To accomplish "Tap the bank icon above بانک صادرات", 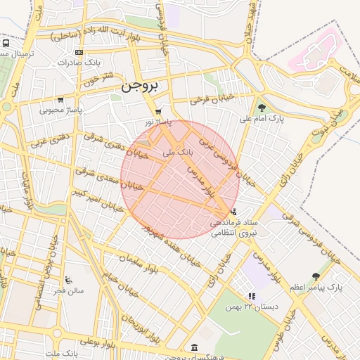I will [x=79, y=52].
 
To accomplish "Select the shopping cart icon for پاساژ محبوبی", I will [x=60, y=100].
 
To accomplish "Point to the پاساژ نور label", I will [x=158, y=122].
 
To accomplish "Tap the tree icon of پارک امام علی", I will [x=262, y=108].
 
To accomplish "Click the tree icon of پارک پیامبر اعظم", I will [x=316, y=276].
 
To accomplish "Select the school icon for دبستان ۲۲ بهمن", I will [x=252, y=297].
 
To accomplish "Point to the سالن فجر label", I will [x=70, y=290].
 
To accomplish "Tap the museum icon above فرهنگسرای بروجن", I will [x=194, y=347].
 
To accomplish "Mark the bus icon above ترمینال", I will [x=6, y=43].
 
